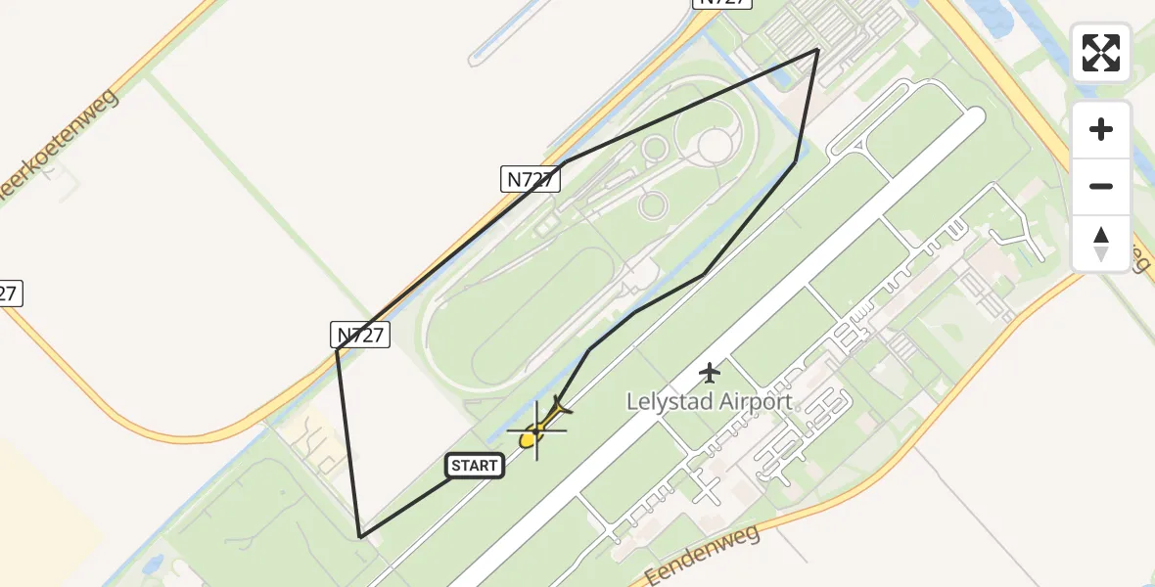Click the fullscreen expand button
tap(1101, 53)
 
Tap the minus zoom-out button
tap(1101, 186)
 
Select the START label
tap(475, 466)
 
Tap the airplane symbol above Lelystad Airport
tap(711, 373)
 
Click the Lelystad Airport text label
tap(710, 402)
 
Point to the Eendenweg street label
tap(690, 553)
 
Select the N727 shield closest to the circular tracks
tap(531, 178)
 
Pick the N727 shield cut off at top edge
tap(722, 3)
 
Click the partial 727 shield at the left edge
tap(9, 293)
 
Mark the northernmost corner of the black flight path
tap(818, 49)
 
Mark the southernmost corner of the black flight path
tap(361, 536)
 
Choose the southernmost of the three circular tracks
tap(653, 205)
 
